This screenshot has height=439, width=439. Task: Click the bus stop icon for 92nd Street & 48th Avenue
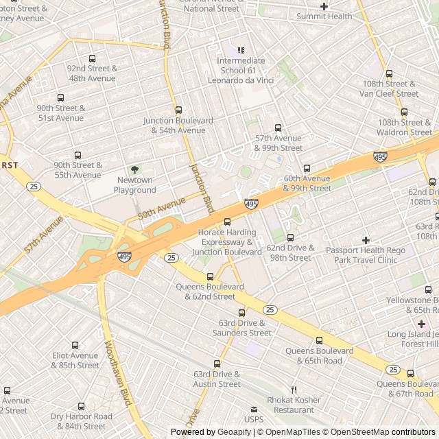[x=92, y=58]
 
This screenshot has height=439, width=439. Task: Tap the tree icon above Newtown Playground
[x=134, y=169]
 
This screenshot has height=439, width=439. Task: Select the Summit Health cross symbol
[x=324, y=6]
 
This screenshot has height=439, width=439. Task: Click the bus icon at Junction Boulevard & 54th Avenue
[x=178, y=110]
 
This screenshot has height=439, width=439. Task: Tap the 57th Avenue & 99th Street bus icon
[x=278, y=128]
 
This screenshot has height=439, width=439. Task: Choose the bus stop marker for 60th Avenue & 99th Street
[x=307, y=168]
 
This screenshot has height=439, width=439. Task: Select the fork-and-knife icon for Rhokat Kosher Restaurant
[x=294, y=390]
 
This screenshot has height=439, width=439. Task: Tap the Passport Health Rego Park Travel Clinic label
[x=366, y=255]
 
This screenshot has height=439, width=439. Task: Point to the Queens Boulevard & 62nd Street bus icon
[x=210, y=276]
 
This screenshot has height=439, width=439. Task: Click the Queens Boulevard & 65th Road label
[x=319, y=355]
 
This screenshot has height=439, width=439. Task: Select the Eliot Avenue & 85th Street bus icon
[x=75, y=346]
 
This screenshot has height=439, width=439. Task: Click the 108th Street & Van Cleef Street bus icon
[x=389, y=74]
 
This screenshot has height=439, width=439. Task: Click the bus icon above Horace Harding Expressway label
[x=227, y=222]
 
